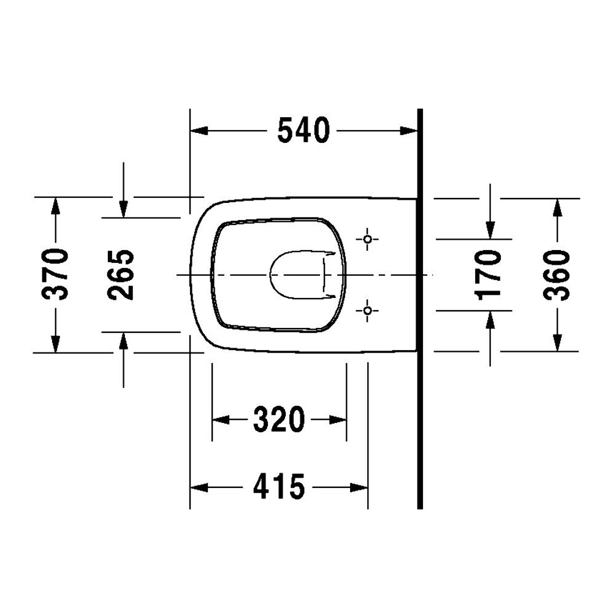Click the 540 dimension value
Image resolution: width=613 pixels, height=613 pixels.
click(304, 130)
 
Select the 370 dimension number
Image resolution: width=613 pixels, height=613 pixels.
click(55, 274)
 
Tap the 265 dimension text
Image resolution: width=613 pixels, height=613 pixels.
click(121, 275)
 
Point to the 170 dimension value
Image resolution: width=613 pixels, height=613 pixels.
click(489, 275)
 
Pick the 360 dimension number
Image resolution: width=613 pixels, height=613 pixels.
click(557, 275)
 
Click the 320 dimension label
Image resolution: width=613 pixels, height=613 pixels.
click(279, 419)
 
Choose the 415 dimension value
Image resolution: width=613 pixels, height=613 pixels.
click(279, 487)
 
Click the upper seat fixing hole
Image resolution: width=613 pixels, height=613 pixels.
click(367, 239)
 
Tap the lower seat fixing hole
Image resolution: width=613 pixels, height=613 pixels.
click(367, 311)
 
